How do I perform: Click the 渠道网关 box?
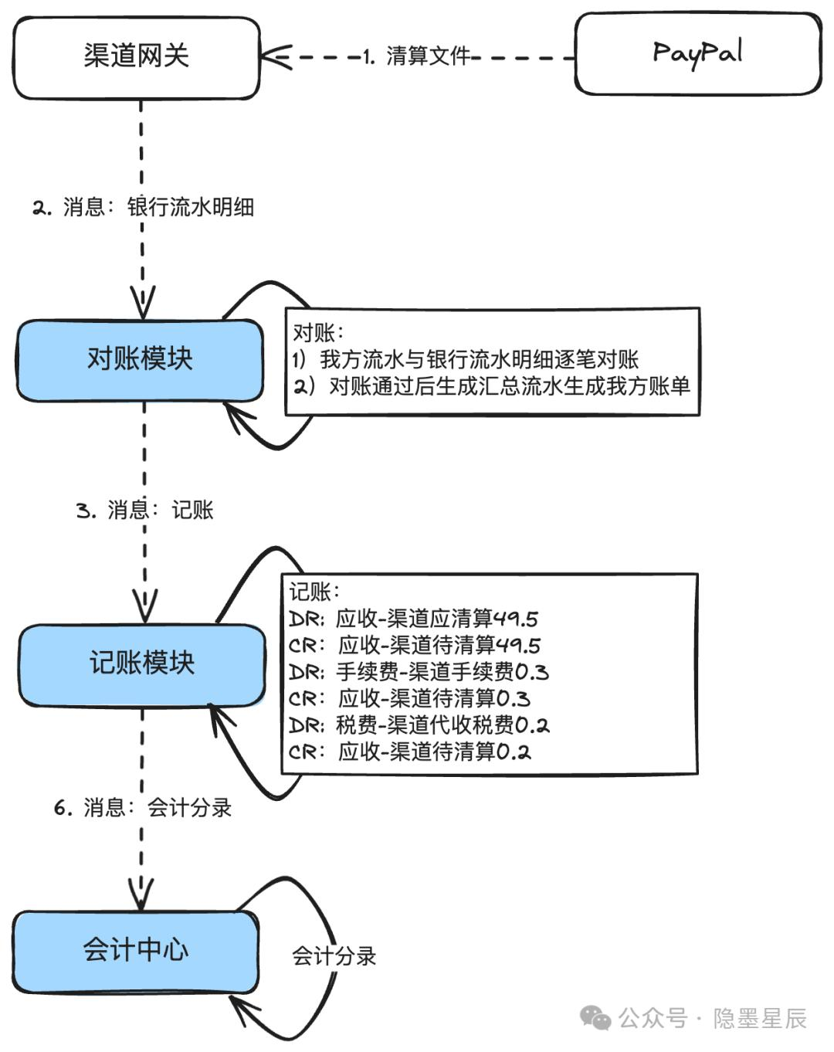point(137,58)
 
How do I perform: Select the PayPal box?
point(698,53)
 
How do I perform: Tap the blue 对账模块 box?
point(141,361)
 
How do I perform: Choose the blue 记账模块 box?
point(142,665)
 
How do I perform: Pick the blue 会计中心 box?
point(136,952)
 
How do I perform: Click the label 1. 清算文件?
point(416,56)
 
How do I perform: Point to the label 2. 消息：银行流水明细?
point(143,207)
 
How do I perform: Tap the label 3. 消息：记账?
point(144,511)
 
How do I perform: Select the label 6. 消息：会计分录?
point(143,808)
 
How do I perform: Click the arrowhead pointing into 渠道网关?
point(275,57)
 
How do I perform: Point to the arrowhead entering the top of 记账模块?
point(145,606)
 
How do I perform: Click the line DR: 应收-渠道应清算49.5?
point(413,619)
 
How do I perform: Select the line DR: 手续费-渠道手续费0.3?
point(419,672)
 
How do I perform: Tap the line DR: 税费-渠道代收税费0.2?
point(419,725)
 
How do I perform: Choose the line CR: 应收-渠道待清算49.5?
point(415,646)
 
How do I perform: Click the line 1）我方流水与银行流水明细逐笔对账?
point(466,360)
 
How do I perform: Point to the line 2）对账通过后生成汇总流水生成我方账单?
point(491,386)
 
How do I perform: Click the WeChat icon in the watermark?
point(595,1018)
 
